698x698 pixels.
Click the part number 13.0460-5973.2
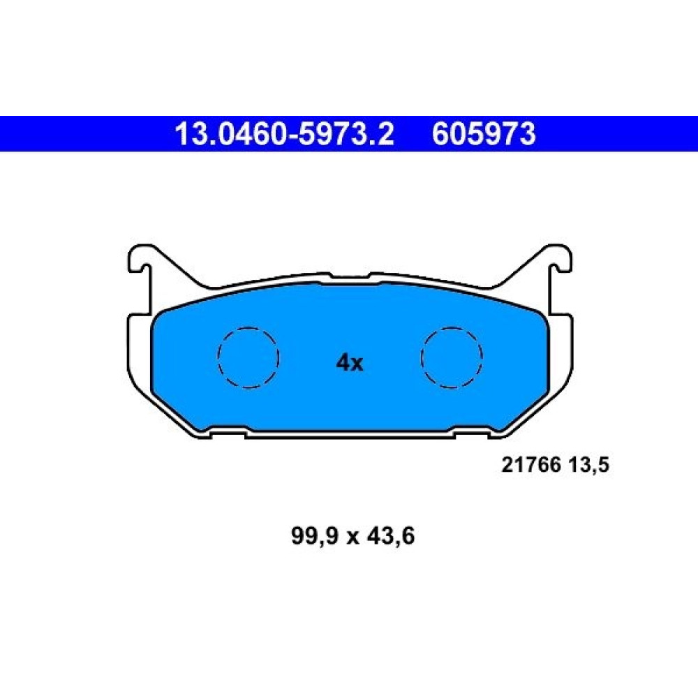click(x=285, y=134)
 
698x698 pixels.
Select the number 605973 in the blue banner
click(x=484, y=134)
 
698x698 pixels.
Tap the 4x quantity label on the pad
click(x=350, y=363)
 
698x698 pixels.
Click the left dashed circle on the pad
click(x=248, y=357)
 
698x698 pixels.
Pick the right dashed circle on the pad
click(x=452, y=357)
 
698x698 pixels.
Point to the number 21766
click(x=531, y=465)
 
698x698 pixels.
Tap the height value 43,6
click(x=390, y=535)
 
